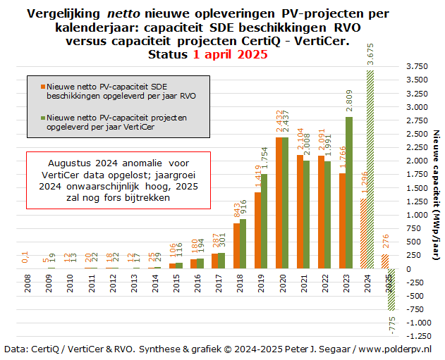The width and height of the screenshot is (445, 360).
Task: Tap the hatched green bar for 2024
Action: tap(370, 169)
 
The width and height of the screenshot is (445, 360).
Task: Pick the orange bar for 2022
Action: tap(322, 212)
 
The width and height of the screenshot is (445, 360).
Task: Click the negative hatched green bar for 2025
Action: tap(389, 289)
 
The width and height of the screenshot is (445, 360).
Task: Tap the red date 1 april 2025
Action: tap(230, 55)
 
